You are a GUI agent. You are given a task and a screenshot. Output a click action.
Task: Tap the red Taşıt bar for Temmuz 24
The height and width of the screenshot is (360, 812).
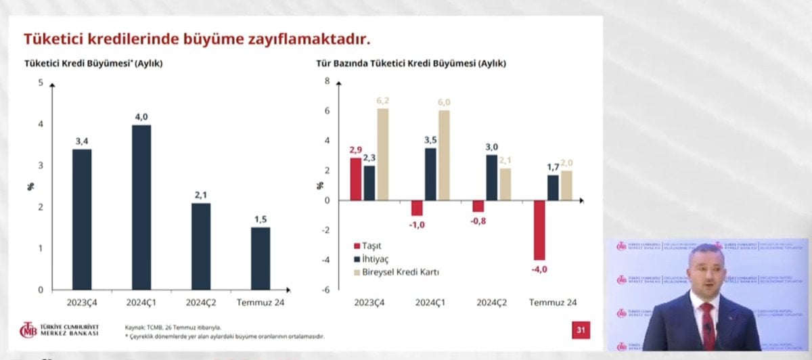539,230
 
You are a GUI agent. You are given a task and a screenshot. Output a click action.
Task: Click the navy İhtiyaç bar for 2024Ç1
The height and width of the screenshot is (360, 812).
430,174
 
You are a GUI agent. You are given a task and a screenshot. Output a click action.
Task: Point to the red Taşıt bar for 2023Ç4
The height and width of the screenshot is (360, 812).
356,179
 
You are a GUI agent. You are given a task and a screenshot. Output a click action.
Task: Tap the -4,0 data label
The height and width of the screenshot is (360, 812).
539,269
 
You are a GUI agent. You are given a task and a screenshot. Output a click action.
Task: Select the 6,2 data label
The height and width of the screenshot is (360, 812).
383,100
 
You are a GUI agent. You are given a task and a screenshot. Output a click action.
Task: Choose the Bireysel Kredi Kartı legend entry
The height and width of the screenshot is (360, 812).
399,271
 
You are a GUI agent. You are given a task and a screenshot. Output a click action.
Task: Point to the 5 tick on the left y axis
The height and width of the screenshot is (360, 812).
41,83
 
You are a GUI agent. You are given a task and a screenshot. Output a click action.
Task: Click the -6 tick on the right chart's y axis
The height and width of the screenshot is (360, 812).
326,290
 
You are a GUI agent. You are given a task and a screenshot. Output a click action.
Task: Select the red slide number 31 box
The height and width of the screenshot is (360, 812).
580,330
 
